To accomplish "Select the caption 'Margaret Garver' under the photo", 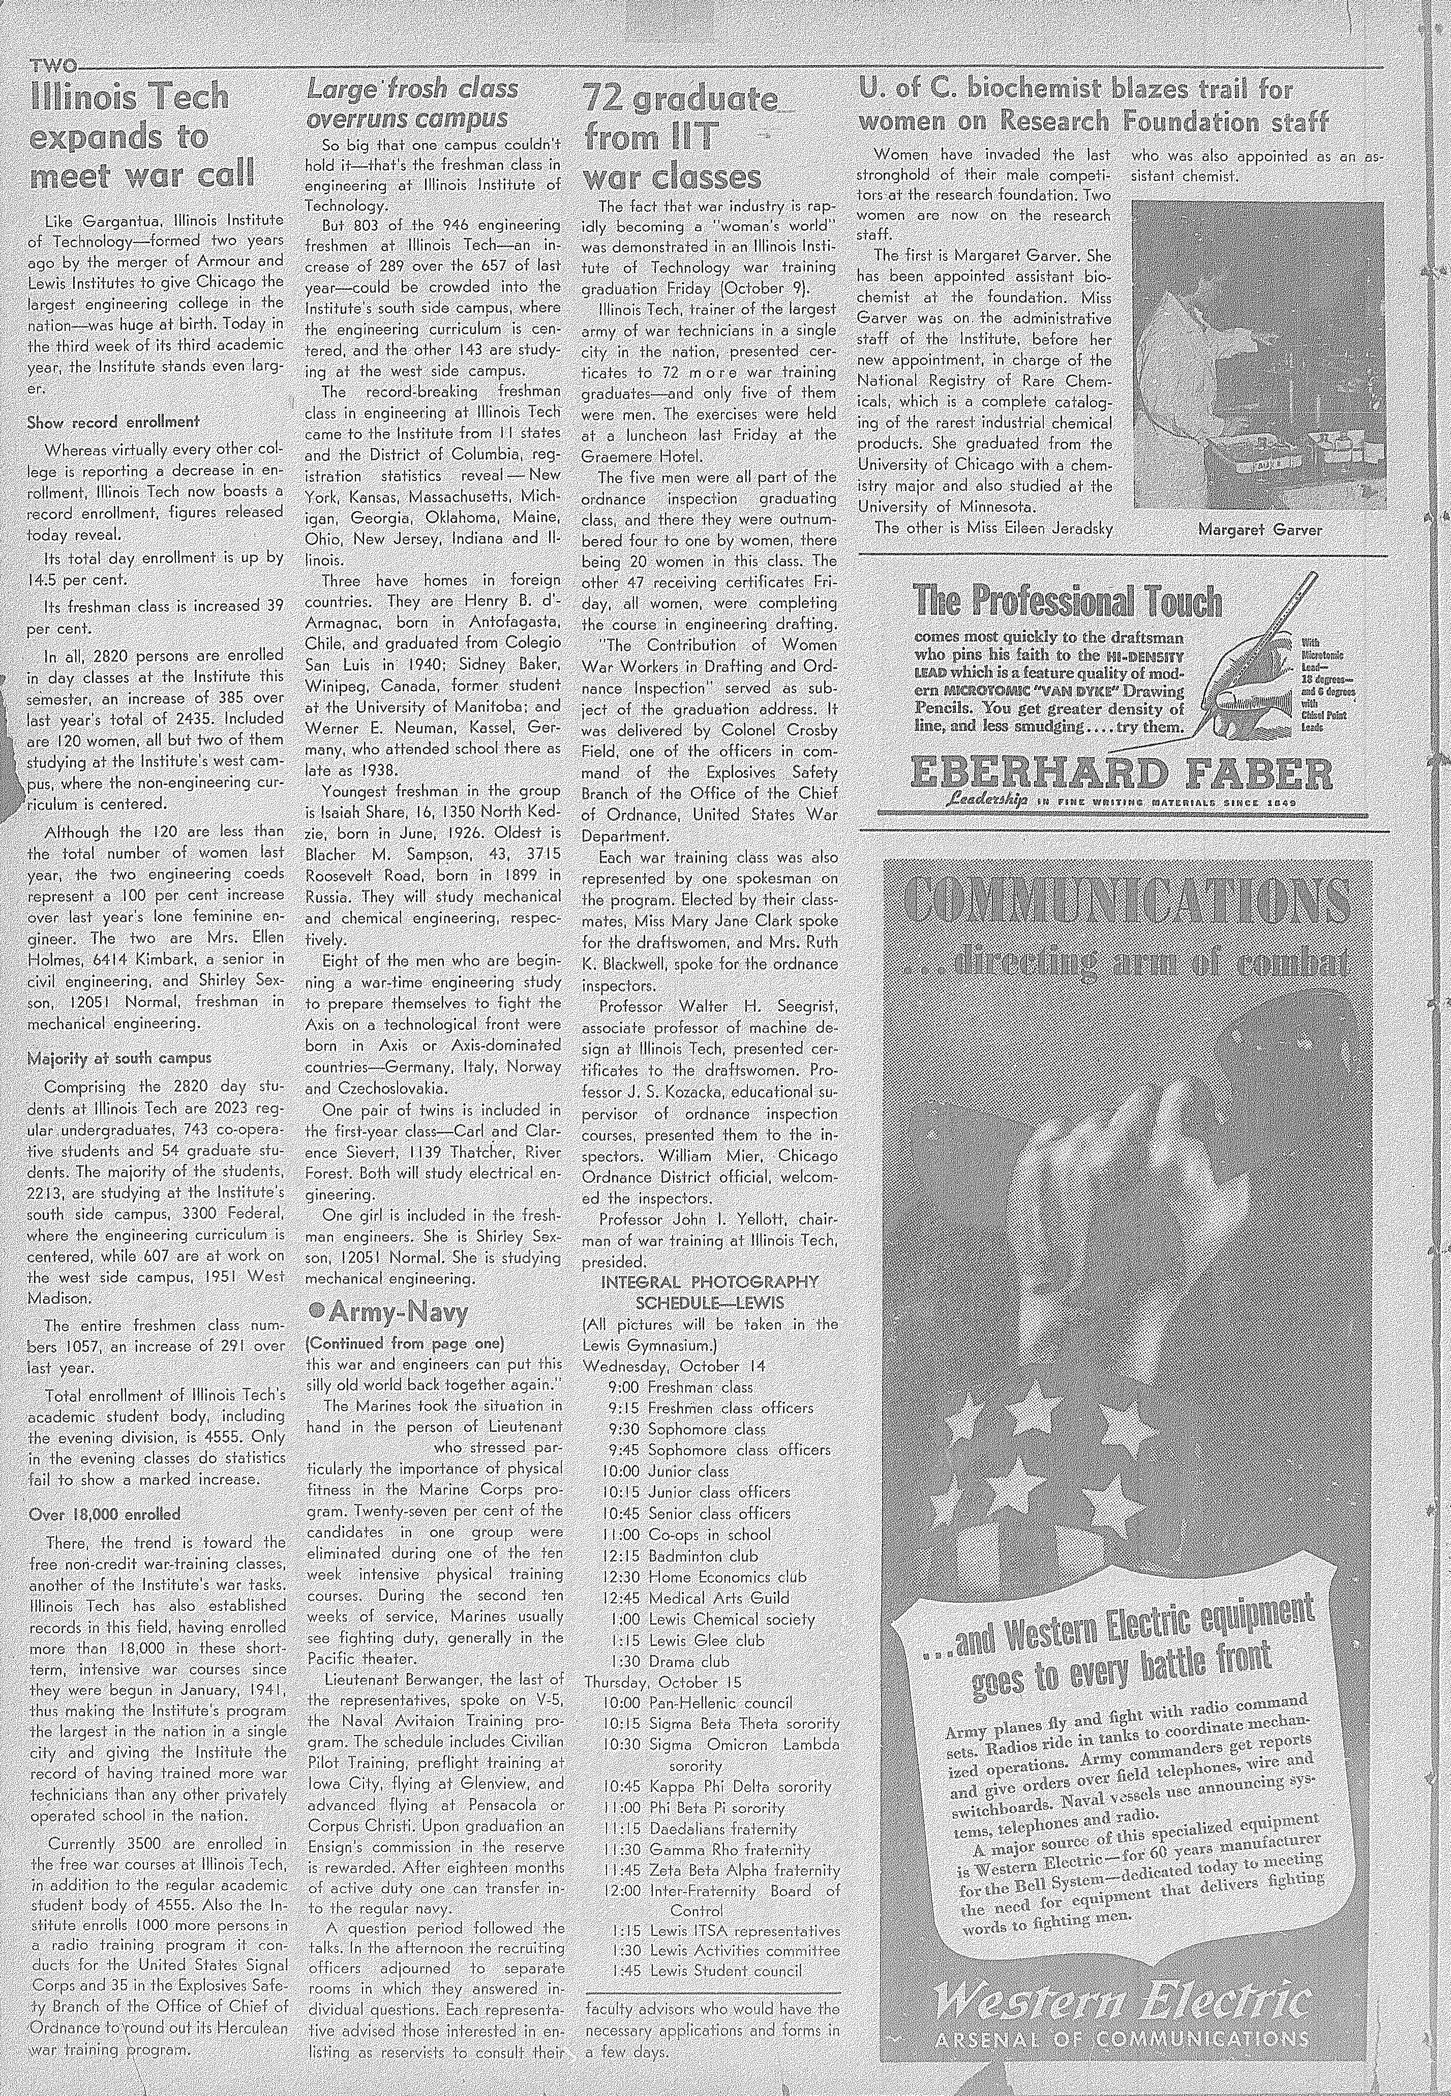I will click(x=1259, y=529).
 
